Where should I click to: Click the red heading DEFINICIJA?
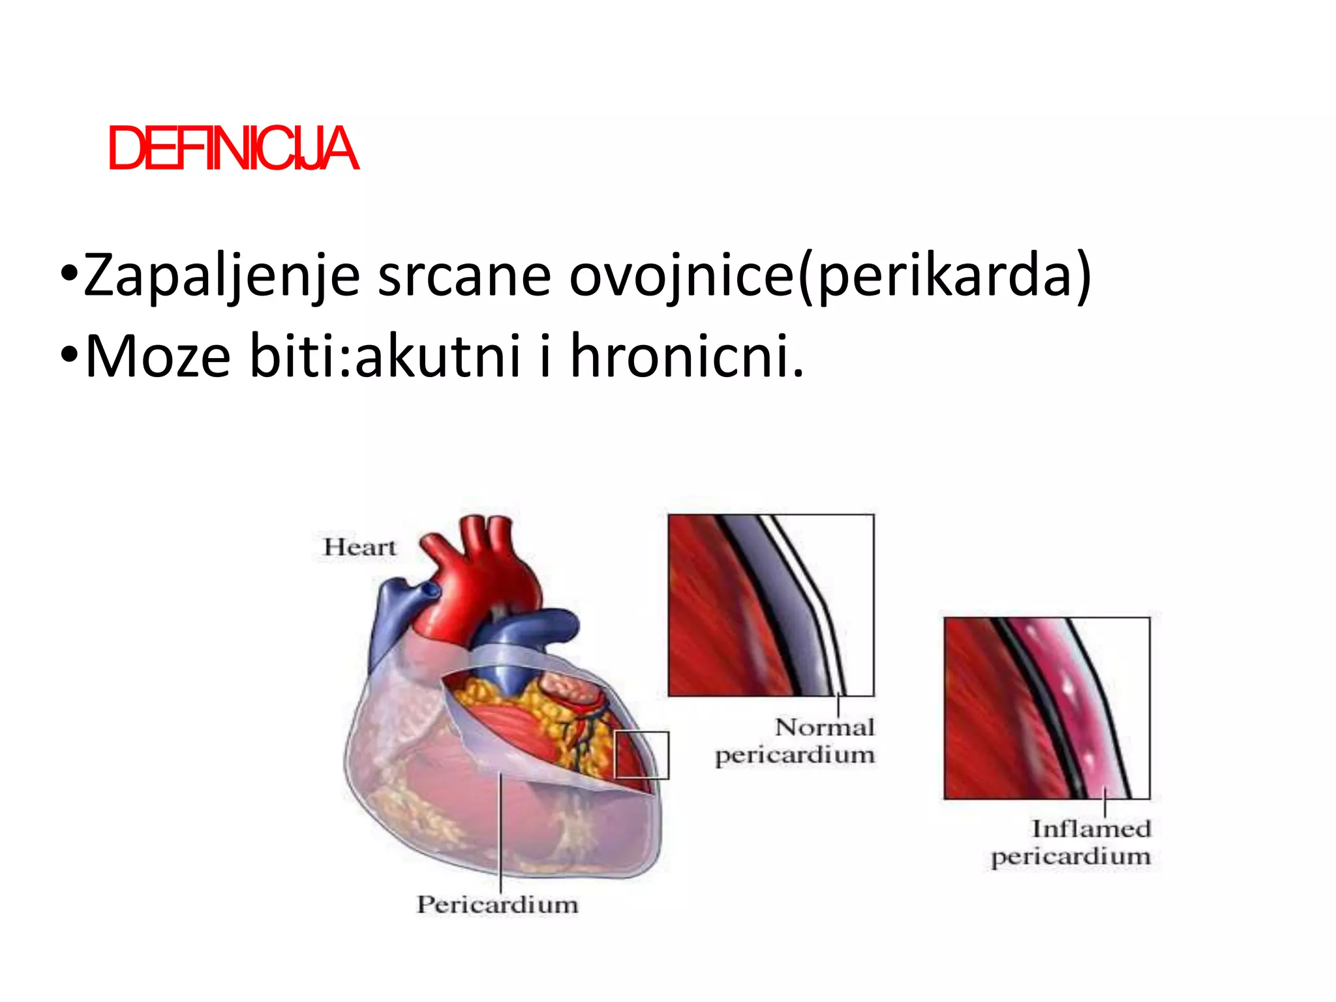coord(233,149)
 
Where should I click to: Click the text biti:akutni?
coord(385,356)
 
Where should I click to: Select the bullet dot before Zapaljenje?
coord(68,272)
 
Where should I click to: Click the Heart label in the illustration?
coord(359,547)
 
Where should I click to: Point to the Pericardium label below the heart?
coord(497,904)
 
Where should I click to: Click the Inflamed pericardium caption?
coord(1071,842)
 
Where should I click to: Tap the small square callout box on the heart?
coord(642,755)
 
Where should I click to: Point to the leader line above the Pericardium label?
coord(500,835)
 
